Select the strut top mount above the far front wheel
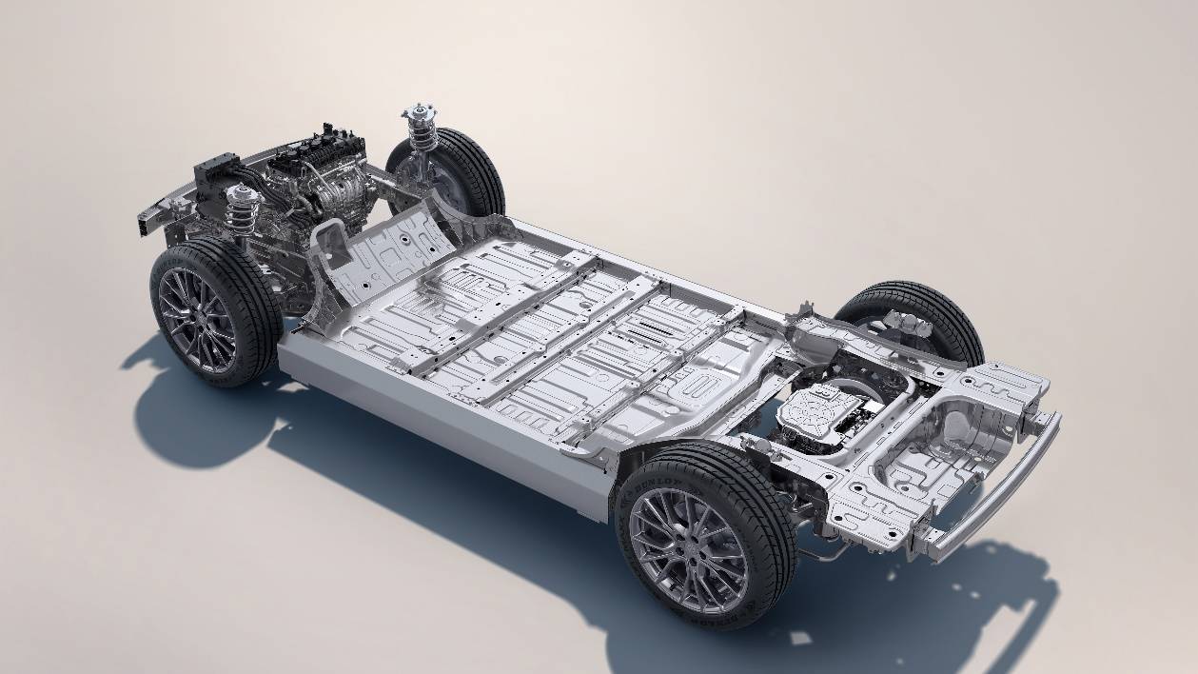pyautogui.click(x=417, y=115)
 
